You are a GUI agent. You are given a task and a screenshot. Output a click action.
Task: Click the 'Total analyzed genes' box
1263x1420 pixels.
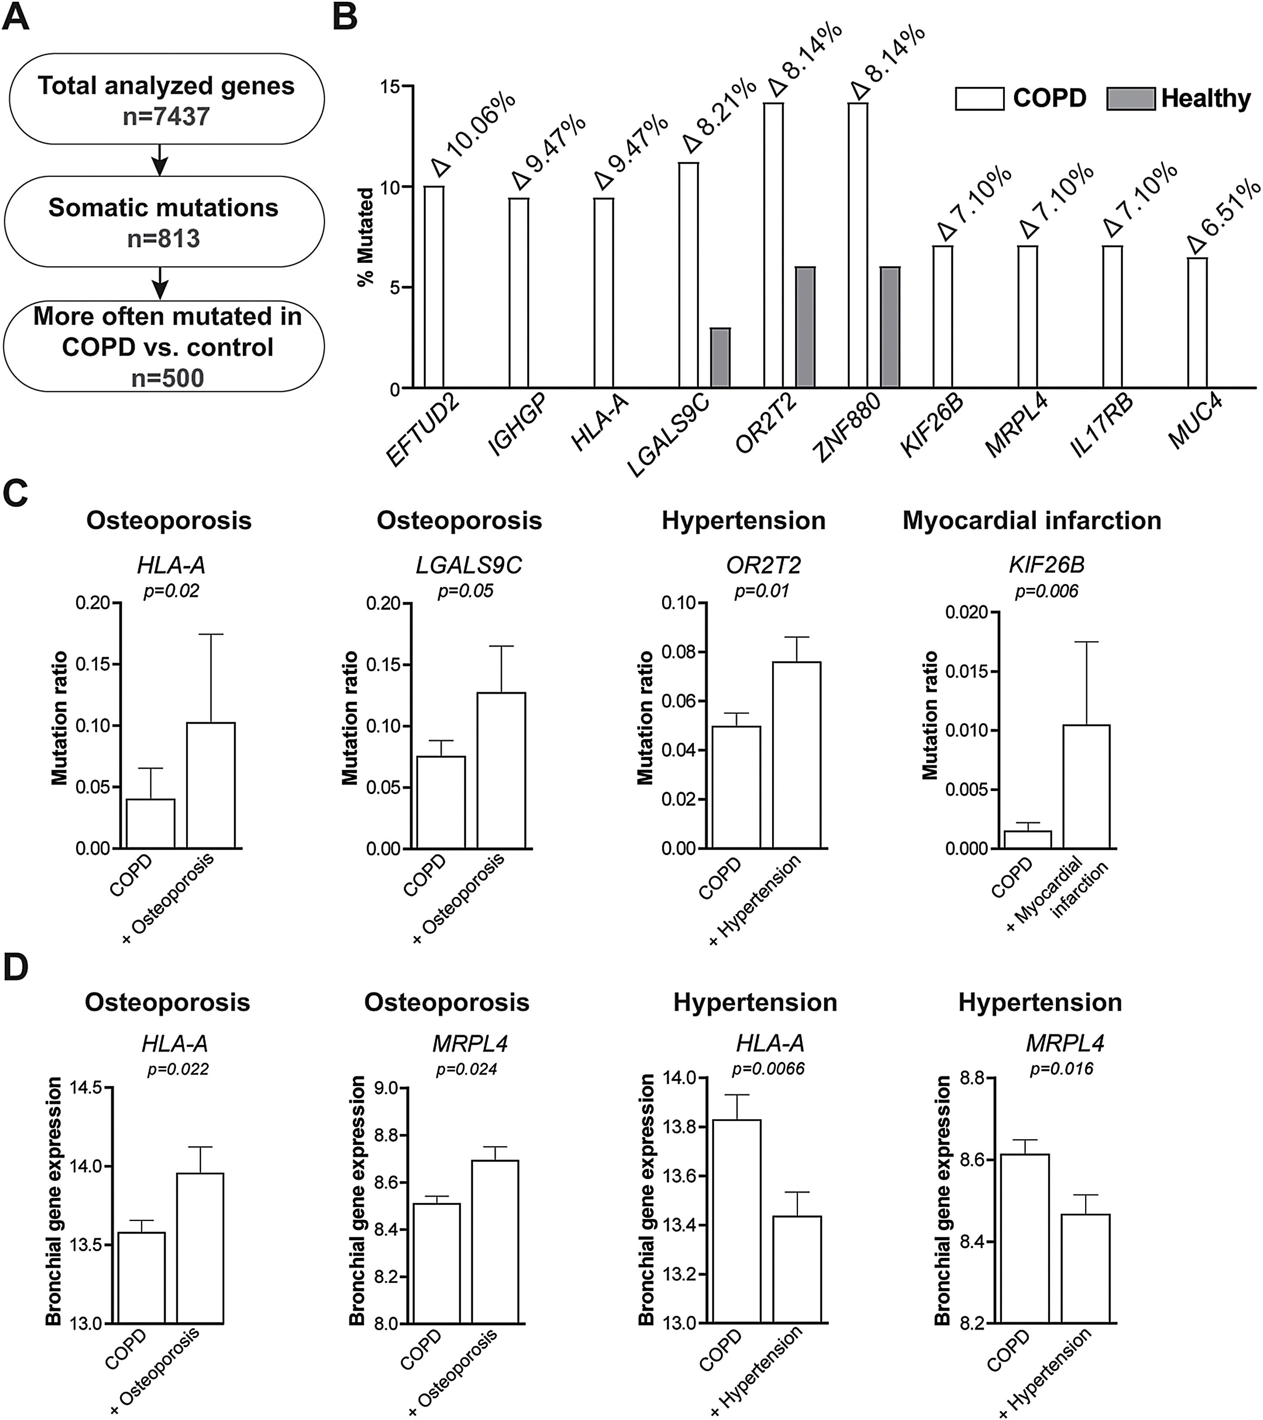click(165, 99)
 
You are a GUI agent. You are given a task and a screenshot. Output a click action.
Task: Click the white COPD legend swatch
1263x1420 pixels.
click(979, 99)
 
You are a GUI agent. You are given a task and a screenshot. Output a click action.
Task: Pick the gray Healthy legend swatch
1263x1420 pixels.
click(1130, 99)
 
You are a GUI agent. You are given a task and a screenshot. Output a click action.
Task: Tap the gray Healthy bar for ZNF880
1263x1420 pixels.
click(890, 327)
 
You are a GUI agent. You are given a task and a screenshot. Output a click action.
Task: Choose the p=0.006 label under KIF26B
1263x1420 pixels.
click(1046, 591)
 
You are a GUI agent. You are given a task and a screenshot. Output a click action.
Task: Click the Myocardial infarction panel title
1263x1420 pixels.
click(1032, 521)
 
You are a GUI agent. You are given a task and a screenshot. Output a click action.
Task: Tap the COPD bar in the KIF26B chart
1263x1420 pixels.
click(1027, 839)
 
